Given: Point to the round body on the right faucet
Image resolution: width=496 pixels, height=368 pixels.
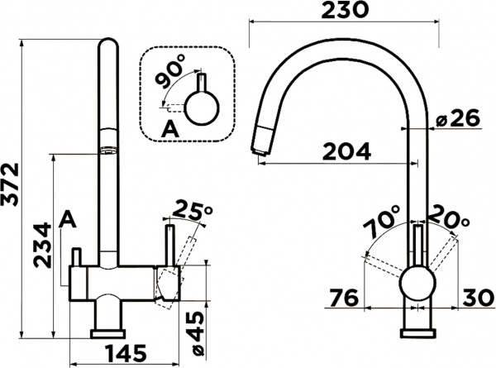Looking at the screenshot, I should pos(415,284).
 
